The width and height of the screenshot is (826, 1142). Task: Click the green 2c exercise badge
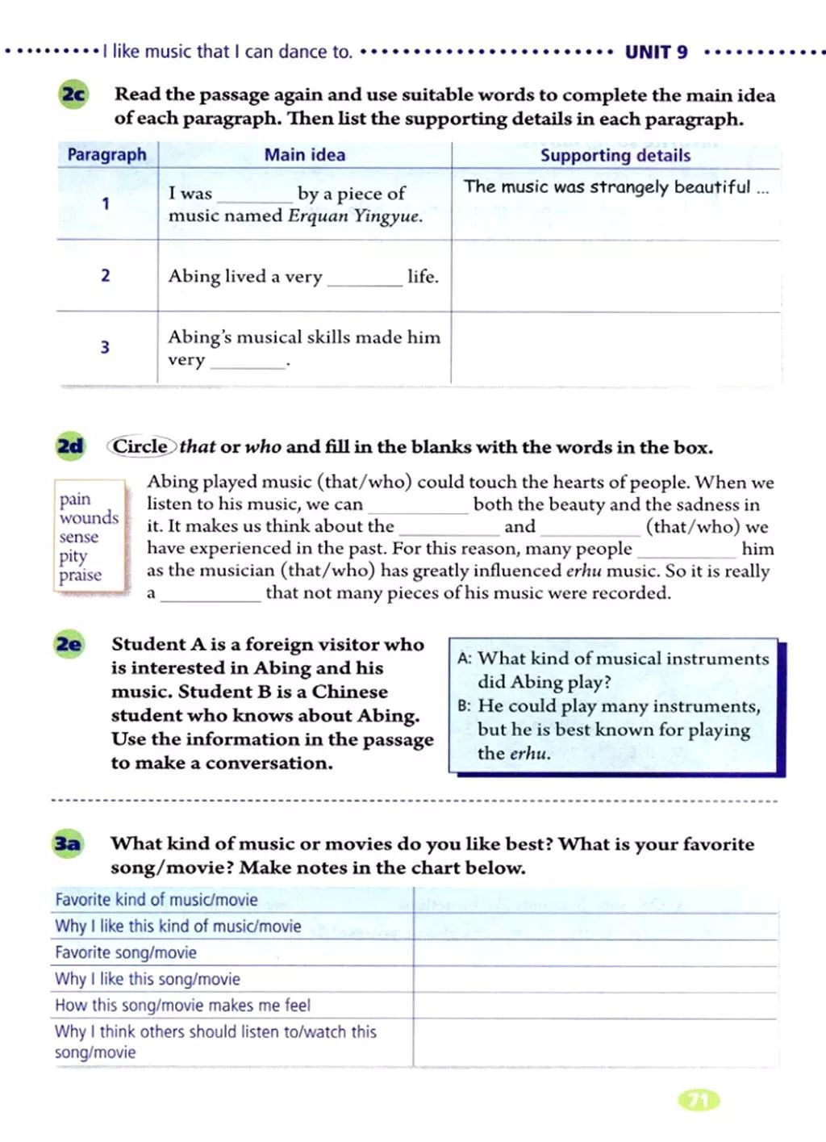pos(73,95)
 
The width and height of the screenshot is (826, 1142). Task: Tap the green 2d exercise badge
pos(70,446)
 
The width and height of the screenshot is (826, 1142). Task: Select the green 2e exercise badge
pos(69,644)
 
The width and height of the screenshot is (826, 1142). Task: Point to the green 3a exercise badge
pos(67,844)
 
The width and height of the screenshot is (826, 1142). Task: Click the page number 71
pos(699,1100)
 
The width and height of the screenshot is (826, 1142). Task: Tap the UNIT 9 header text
pos(656,52)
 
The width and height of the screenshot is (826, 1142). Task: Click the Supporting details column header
pos(615,156)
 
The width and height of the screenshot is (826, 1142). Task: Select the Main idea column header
pos(304,155)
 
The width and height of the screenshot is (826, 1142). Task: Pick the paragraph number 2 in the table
pos(105,276)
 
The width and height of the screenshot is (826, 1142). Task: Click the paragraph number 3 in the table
pos(105,348)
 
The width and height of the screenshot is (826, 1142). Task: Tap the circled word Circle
pos(140,446)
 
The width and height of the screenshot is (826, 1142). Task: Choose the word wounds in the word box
pos(89,518)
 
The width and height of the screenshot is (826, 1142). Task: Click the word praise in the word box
pos(80,575)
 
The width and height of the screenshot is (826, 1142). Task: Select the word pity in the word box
pos(73,556)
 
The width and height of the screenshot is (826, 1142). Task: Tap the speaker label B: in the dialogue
pos(464,706)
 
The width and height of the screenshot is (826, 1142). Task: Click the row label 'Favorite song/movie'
pos(126,952)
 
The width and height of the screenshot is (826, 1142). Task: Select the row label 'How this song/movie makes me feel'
pos(182,1006)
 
